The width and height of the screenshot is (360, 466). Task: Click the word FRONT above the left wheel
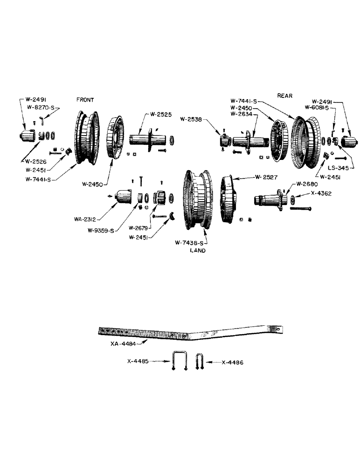86,100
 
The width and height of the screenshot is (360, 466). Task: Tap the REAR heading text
285,96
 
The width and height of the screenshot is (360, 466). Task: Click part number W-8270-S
43,107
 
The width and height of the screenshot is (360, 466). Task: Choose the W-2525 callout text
159,114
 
